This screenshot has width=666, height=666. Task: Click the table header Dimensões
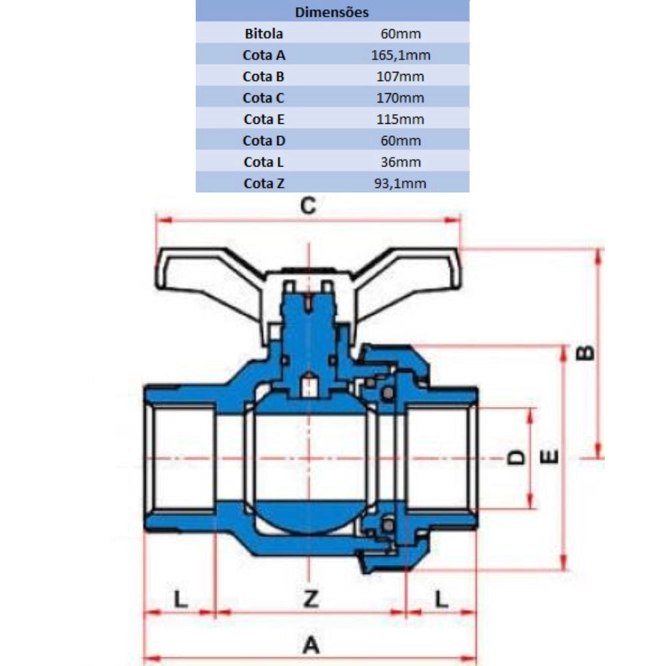pos(332,12)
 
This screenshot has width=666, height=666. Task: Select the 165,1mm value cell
pos(400,55)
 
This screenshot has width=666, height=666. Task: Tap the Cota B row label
pos(263,77)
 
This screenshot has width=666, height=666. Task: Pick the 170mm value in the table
pos(400,98)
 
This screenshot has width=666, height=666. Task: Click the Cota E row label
pos(264,119)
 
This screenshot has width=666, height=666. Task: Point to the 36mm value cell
pos(400,162)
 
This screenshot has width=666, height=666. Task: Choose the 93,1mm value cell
pos(400,183)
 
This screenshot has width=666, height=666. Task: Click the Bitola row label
pos(264,33)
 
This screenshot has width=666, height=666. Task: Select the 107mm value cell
pos(400,77)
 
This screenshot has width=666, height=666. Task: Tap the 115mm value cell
pos(400,119)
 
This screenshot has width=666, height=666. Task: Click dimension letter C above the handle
pos(308,206)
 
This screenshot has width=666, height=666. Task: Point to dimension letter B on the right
pos(585,354)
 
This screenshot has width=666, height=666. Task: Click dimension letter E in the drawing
pos(549,457)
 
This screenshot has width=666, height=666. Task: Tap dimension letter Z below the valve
pos(311,599)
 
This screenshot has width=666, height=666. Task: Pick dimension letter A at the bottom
pos(311,645)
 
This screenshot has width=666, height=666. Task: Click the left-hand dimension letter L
pos(181,599)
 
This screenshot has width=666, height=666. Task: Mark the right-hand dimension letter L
pos(442,599)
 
